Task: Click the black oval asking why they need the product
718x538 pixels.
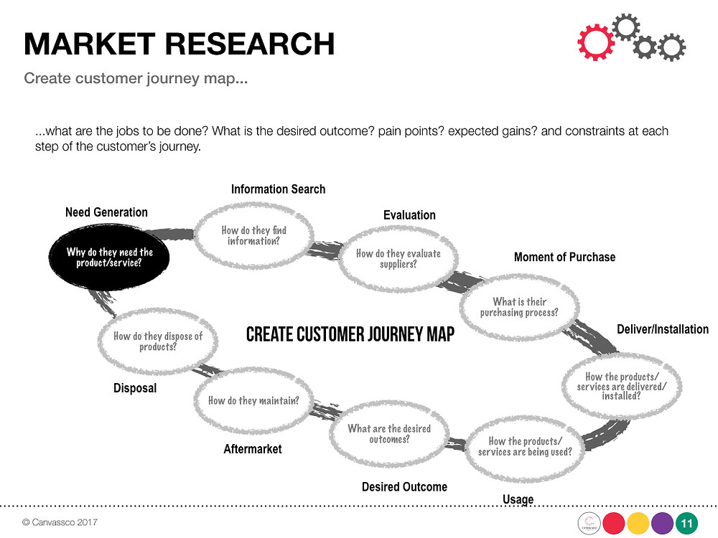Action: pos(109,257)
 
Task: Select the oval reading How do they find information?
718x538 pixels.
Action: pos(254,235)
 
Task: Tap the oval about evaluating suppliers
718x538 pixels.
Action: pos(398,259)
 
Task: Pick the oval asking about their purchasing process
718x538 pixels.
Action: pos(519,307)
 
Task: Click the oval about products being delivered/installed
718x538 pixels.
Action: pos(621,386)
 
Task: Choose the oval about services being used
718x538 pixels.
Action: pos(525,446)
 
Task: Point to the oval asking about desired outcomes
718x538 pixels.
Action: pos(389,434)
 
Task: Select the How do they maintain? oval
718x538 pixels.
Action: pos(253,401)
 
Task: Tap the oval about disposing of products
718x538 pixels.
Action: pos(157,341)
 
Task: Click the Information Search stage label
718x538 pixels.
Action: pos(278,189)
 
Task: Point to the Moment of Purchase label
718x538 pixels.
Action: pos(564,257)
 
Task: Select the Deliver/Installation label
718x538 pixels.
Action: pos(663,329)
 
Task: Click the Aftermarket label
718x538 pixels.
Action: pos(253,449)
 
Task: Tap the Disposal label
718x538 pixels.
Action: pos(135,388)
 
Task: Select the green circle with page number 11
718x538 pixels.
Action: pos(686,524)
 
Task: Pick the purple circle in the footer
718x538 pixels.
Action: pos(662,524)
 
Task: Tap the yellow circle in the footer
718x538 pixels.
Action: pos(638,524)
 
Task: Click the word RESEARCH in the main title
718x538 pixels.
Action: pos(250,44)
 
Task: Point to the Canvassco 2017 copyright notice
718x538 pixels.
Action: pos(60,522)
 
